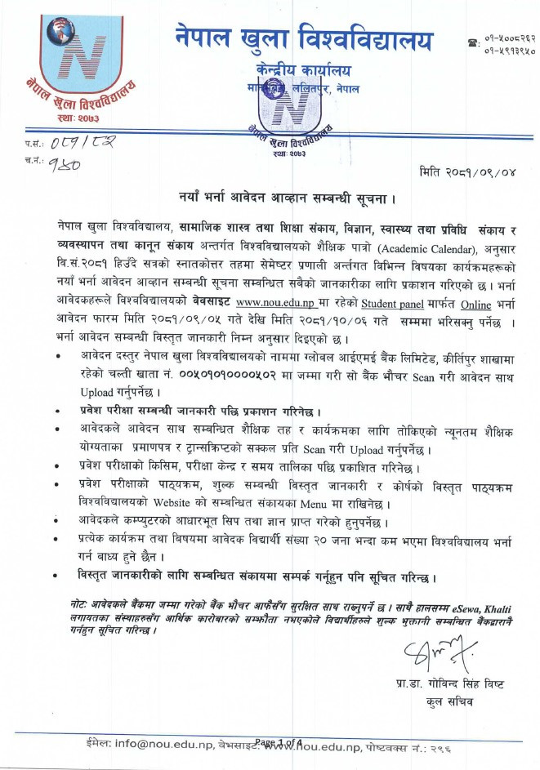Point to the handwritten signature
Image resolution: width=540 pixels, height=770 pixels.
coord(432,652)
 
